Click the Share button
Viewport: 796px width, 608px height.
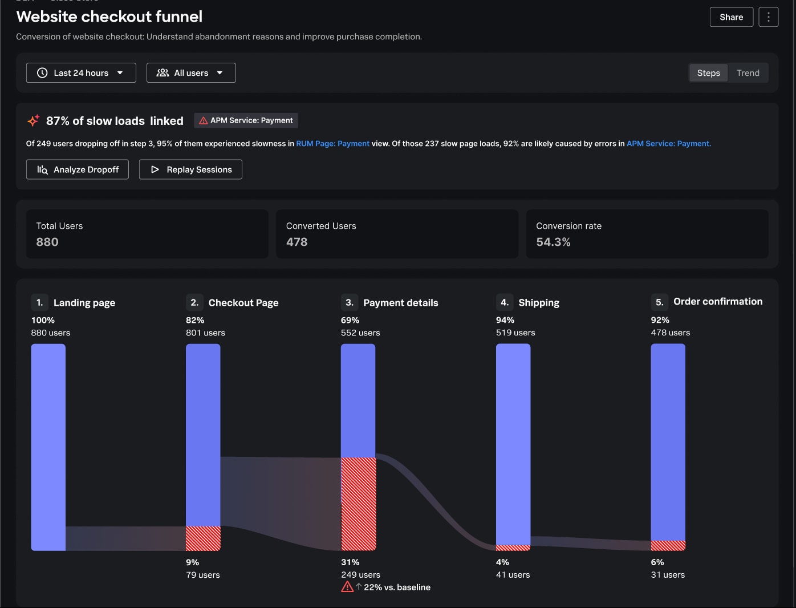coord(731,17)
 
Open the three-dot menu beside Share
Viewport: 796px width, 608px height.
coord(768,17)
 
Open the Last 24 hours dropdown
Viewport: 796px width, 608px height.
coord(81,73)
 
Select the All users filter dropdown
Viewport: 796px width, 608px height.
coord(191,73)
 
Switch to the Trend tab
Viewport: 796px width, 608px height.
coord(748,73)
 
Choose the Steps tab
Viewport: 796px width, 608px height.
coord(708,73)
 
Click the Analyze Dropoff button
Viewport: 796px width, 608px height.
coord(78,169)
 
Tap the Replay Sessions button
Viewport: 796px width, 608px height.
coord(190,169)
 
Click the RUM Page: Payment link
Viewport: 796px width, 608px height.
coord(332,144)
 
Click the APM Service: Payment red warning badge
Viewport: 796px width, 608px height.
coord(246,120)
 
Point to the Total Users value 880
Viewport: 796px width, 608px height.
coord(47,242)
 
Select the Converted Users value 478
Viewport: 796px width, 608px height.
coord(297,242)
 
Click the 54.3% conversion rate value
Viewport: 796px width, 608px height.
coord(553,242)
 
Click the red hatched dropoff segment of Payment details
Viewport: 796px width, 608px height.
coord(358,504)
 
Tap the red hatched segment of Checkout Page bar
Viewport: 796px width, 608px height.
coord(203,538)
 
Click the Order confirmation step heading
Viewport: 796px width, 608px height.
coord(717,302)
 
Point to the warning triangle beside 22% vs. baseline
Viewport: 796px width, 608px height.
coord(347,587)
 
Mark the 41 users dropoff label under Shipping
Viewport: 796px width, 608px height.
coord(513,575)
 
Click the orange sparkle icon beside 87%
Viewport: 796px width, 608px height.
coord(33,120)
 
